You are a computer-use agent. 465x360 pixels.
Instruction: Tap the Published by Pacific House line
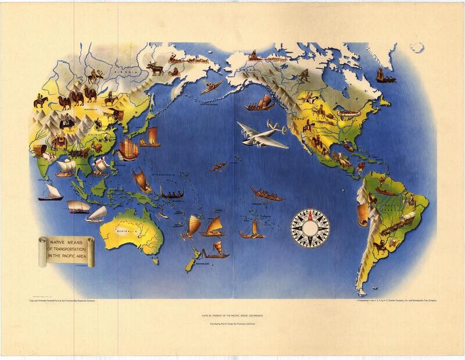[x=233, y=323]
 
